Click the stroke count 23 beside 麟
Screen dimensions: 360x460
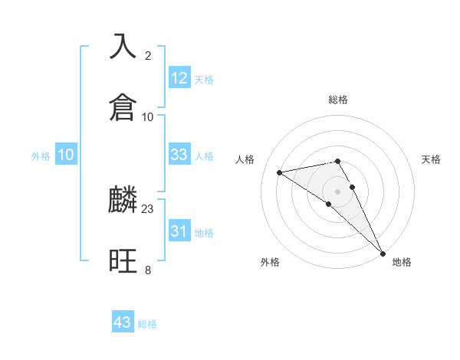(148, 208)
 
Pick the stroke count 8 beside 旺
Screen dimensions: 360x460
(148, 270)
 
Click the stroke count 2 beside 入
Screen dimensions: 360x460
(148, 55)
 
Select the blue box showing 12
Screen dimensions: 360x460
(179, 78)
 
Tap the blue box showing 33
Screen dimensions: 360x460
(179, 155)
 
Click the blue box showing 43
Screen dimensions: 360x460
(123, 322)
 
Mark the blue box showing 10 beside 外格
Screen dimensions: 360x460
(66, 155)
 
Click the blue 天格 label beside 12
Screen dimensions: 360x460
(204, 80)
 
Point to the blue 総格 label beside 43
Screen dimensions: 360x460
(147, 324)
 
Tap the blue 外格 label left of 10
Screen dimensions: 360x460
(41, 156)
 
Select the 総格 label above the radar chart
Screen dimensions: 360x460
(338, 100)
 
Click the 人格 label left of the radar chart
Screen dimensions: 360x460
(246, 159)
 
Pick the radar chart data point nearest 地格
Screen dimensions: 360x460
(383, 253)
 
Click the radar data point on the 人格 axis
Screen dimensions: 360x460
(280, 172)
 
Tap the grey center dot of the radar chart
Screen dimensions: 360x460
(338, 190)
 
